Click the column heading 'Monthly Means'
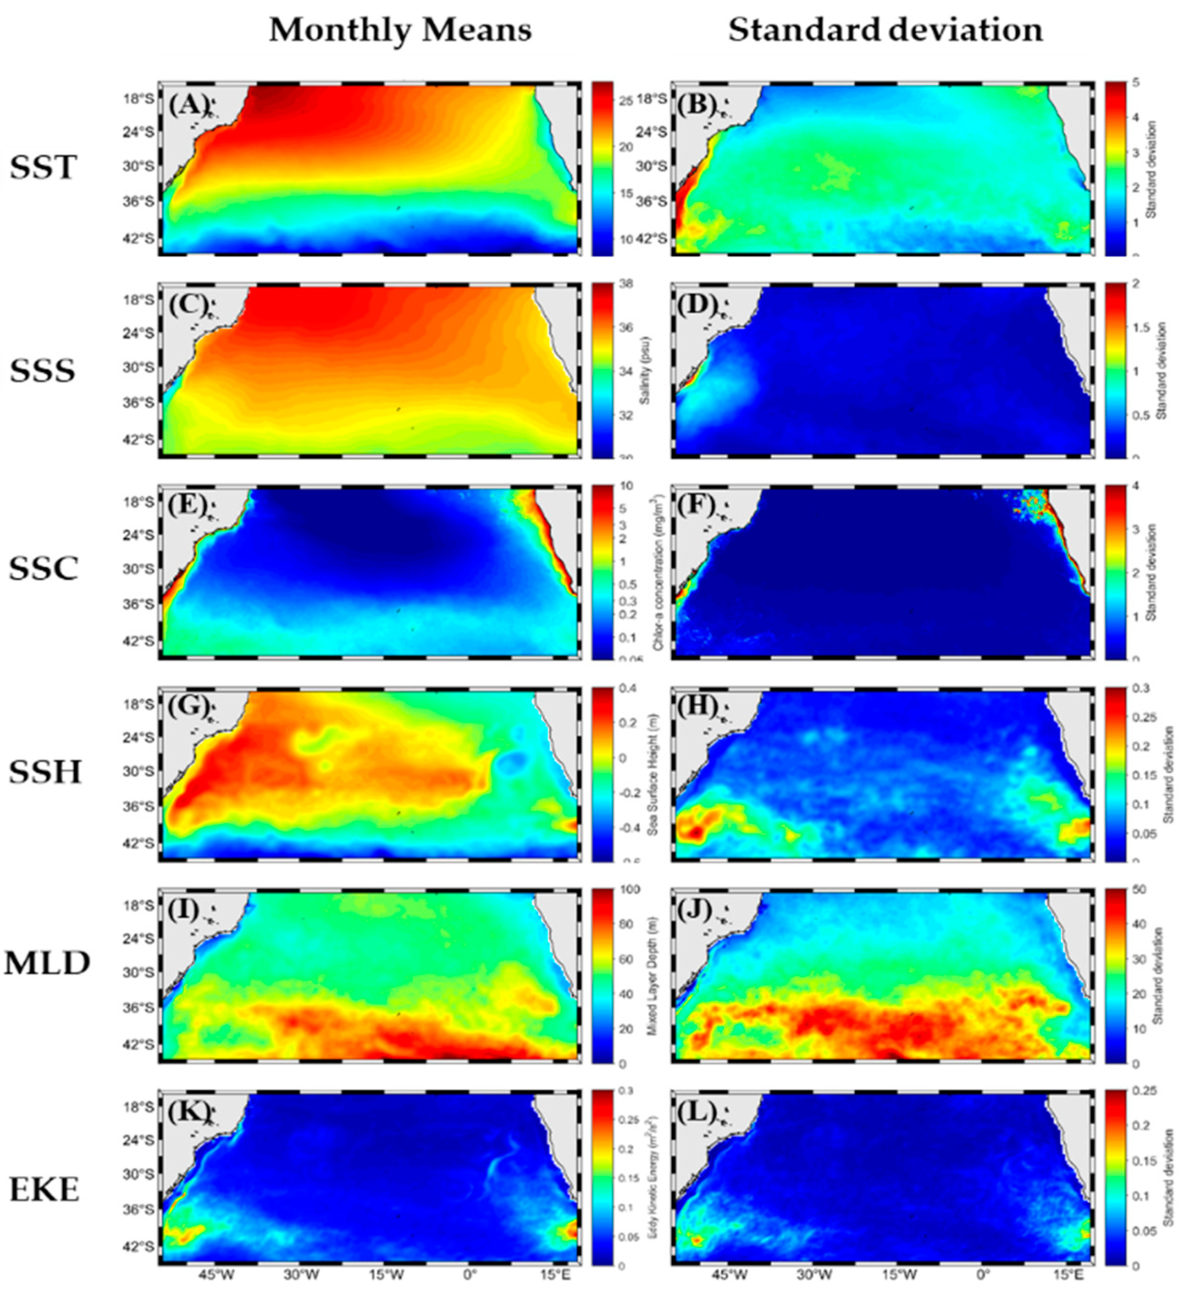400,30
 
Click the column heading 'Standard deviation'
885,30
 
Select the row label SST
43,168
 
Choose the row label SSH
45,772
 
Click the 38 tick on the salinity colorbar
626,284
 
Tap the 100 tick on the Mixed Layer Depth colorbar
630,890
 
